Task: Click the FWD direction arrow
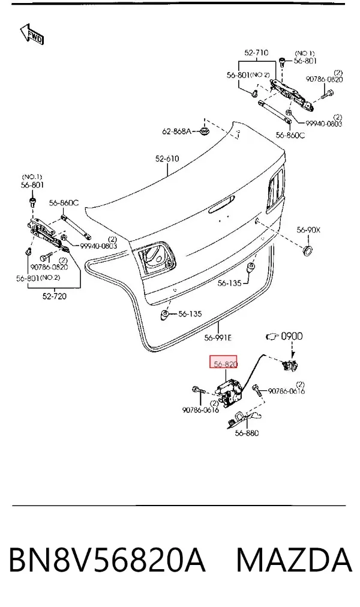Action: click(32, 34)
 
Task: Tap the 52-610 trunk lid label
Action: click(167, 159)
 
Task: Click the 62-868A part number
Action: click(176, 131)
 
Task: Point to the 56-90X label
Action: click(308, 230)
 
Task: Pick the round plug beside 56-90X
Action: click(308, 250)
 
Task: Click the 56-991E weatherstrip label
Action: click(218, 338)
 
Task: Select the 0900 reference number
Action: click(292, 336)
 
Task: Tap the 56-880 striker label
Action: click(247, 433)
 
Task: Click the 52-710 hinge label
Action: click(256, 53)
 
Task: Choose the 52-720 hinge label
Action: click(54, 296)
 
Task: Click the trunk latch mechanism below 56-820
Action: click(229, 391)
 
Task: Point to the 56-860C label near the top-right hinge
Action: click(290, 135)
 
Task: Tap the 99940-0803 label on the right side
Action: click(323, 124)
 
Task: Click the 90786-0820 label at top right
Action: click(325, 79)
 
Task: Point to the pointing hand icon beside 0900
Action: click(272, 336)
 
